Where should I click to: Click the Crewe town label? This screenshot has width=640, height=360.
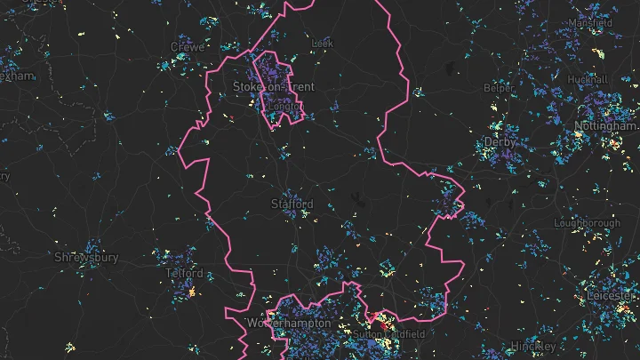point(188,46)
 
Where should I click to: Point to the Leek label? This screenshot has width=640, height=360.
point(321,43)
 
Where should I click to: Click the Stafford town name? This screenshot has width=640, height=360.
point(292,204)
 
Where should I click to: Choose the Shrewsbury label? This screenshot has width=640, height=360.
point(86,258)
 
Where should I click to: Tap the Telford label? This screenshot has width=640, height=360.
point(184,274)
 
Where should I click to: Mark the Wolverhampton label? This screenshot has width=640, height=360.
point(289,324)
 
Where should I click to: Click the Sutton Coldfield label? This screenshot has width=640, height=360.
point(389,335)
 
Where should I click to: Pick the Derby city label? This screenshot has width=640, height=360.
point(500,142)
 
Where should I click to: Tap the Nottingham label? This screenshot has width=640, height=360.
point(606,126)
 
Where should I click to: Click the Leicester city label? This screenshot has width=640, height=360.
point(608,294)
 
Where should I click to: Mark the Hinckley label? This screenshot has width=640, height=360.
point(533,346)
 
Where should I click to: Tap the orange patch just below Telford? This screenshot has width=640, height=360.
point(189,290)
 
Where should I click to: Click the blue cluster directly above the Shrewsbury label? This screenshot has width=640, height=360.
point(90,245)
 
